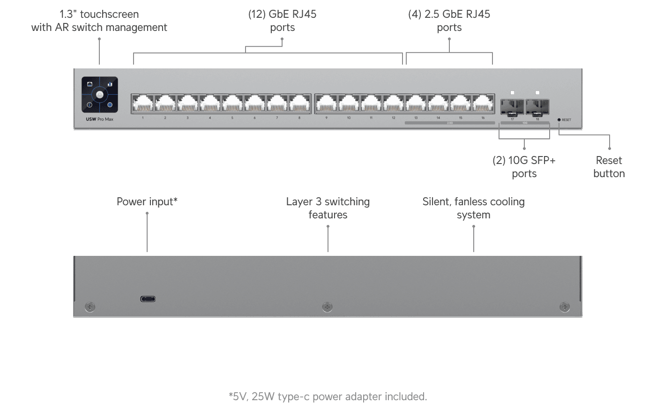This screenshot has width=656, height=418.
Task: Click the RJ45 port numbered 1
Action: (142, 104)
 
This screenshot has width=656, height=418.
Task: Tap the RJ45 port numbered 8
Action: (299, 104)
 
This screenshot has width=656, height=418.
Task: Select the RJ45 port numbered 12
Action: (394, 104)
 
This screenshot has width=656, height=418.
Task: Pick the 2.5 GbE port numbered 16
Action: (483, 104)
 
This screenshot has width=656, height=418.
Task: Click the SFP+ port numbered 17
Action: (512, 107)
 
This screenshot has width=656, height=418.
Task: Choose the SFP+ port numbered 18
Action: (537, 107)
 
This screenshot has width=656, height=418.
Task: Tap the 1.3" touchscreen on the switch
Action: (99, 95)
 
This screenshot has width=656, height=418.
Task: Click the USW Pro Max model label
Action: (99, 119)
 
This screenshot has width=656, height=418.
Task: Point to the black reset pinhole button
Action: (559, 120)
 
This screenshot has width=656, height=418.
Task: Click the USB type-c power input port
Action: (148, 299)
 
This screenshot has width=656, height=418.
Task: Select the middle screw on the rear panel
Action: (327, 307)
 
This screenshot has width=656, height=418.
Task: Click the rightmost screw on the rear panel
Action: (565, 307)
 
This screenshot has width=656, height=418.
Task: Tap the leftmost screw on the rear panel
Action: (90, 307)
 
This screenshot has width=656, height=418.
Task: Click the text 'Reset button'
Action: (609, 167)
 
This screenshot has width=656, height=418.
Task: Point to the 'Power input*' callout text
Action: (147, 202)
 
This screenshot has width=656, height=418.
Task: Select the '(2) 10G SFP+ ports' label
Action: (524, 167)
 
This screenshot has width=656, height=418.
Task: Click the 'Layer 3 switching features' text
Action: (328, 208)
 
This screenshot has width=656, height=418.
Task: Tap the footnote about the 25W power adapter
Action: (328, 396)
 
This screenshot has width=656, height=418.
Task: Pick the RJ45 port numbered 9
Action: (326, 104)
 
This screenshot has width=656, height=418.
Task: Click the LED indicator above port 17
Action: (512, 93)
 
